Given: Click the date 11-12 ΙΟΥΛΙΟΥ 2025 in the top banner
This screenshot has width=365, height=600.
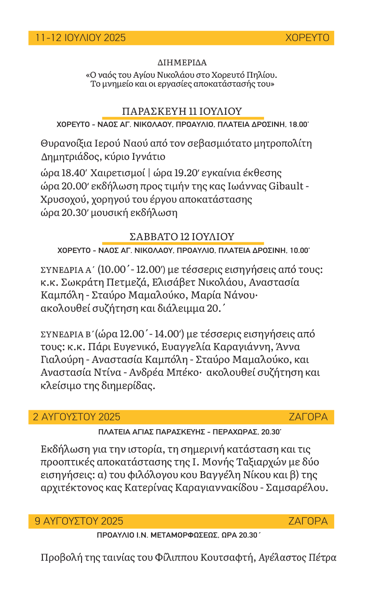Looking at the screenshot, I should [80, 38].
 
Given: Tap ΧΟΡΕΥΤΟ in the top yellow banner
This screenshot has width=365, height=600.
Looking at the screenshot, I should [307, 38].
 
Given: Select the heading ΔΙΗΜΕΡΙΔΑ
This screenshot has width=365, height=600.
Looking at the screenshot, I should [182, 63].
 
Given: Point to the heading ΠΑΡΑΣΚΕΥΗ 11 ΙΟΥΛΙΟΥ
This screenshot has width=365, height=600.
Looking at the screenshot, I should [182, 111].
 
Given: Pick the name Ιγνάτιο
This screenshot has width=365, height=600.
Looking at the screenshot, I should [146, 156].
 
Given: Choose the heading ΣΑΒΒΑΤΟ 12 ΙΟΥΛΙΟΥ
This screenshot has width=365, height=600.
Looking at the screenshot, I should [182, 237].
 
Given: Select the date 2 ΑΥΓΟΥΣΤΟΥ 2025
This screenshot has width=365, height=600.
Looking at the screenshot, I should [77, 417].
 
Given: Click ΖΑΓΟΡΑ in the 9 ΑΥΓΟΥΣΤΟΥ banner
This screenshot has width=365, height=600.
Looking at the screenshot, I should [308, 521].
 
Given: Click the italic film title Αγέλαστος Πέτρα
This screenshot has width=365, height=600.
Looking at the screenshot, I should [298, 557].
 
